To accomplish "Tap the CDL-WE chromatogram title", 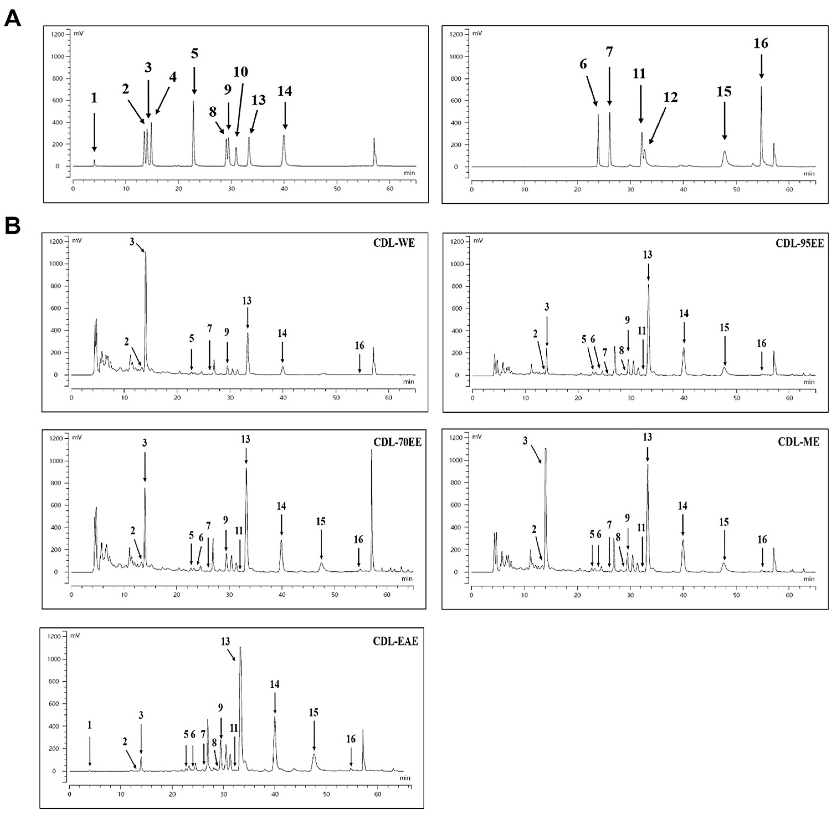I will point(394,243).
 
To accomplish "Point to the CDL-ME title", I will point(799,442).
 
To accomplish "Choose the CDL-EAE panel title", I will point(395,641).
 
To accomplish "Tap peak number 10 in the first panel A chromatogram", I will point(240,72).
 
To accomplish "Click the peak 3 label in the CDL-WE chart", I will point(132,242).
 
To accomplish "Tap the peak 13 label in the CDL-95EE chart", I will point(648,255).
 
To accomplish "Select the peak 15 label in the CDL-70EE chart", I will point(321,521).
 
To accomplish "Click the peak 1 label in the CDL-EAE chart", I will point(89,725).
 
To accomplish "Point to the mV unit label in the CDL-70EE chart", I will point(77,437).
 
